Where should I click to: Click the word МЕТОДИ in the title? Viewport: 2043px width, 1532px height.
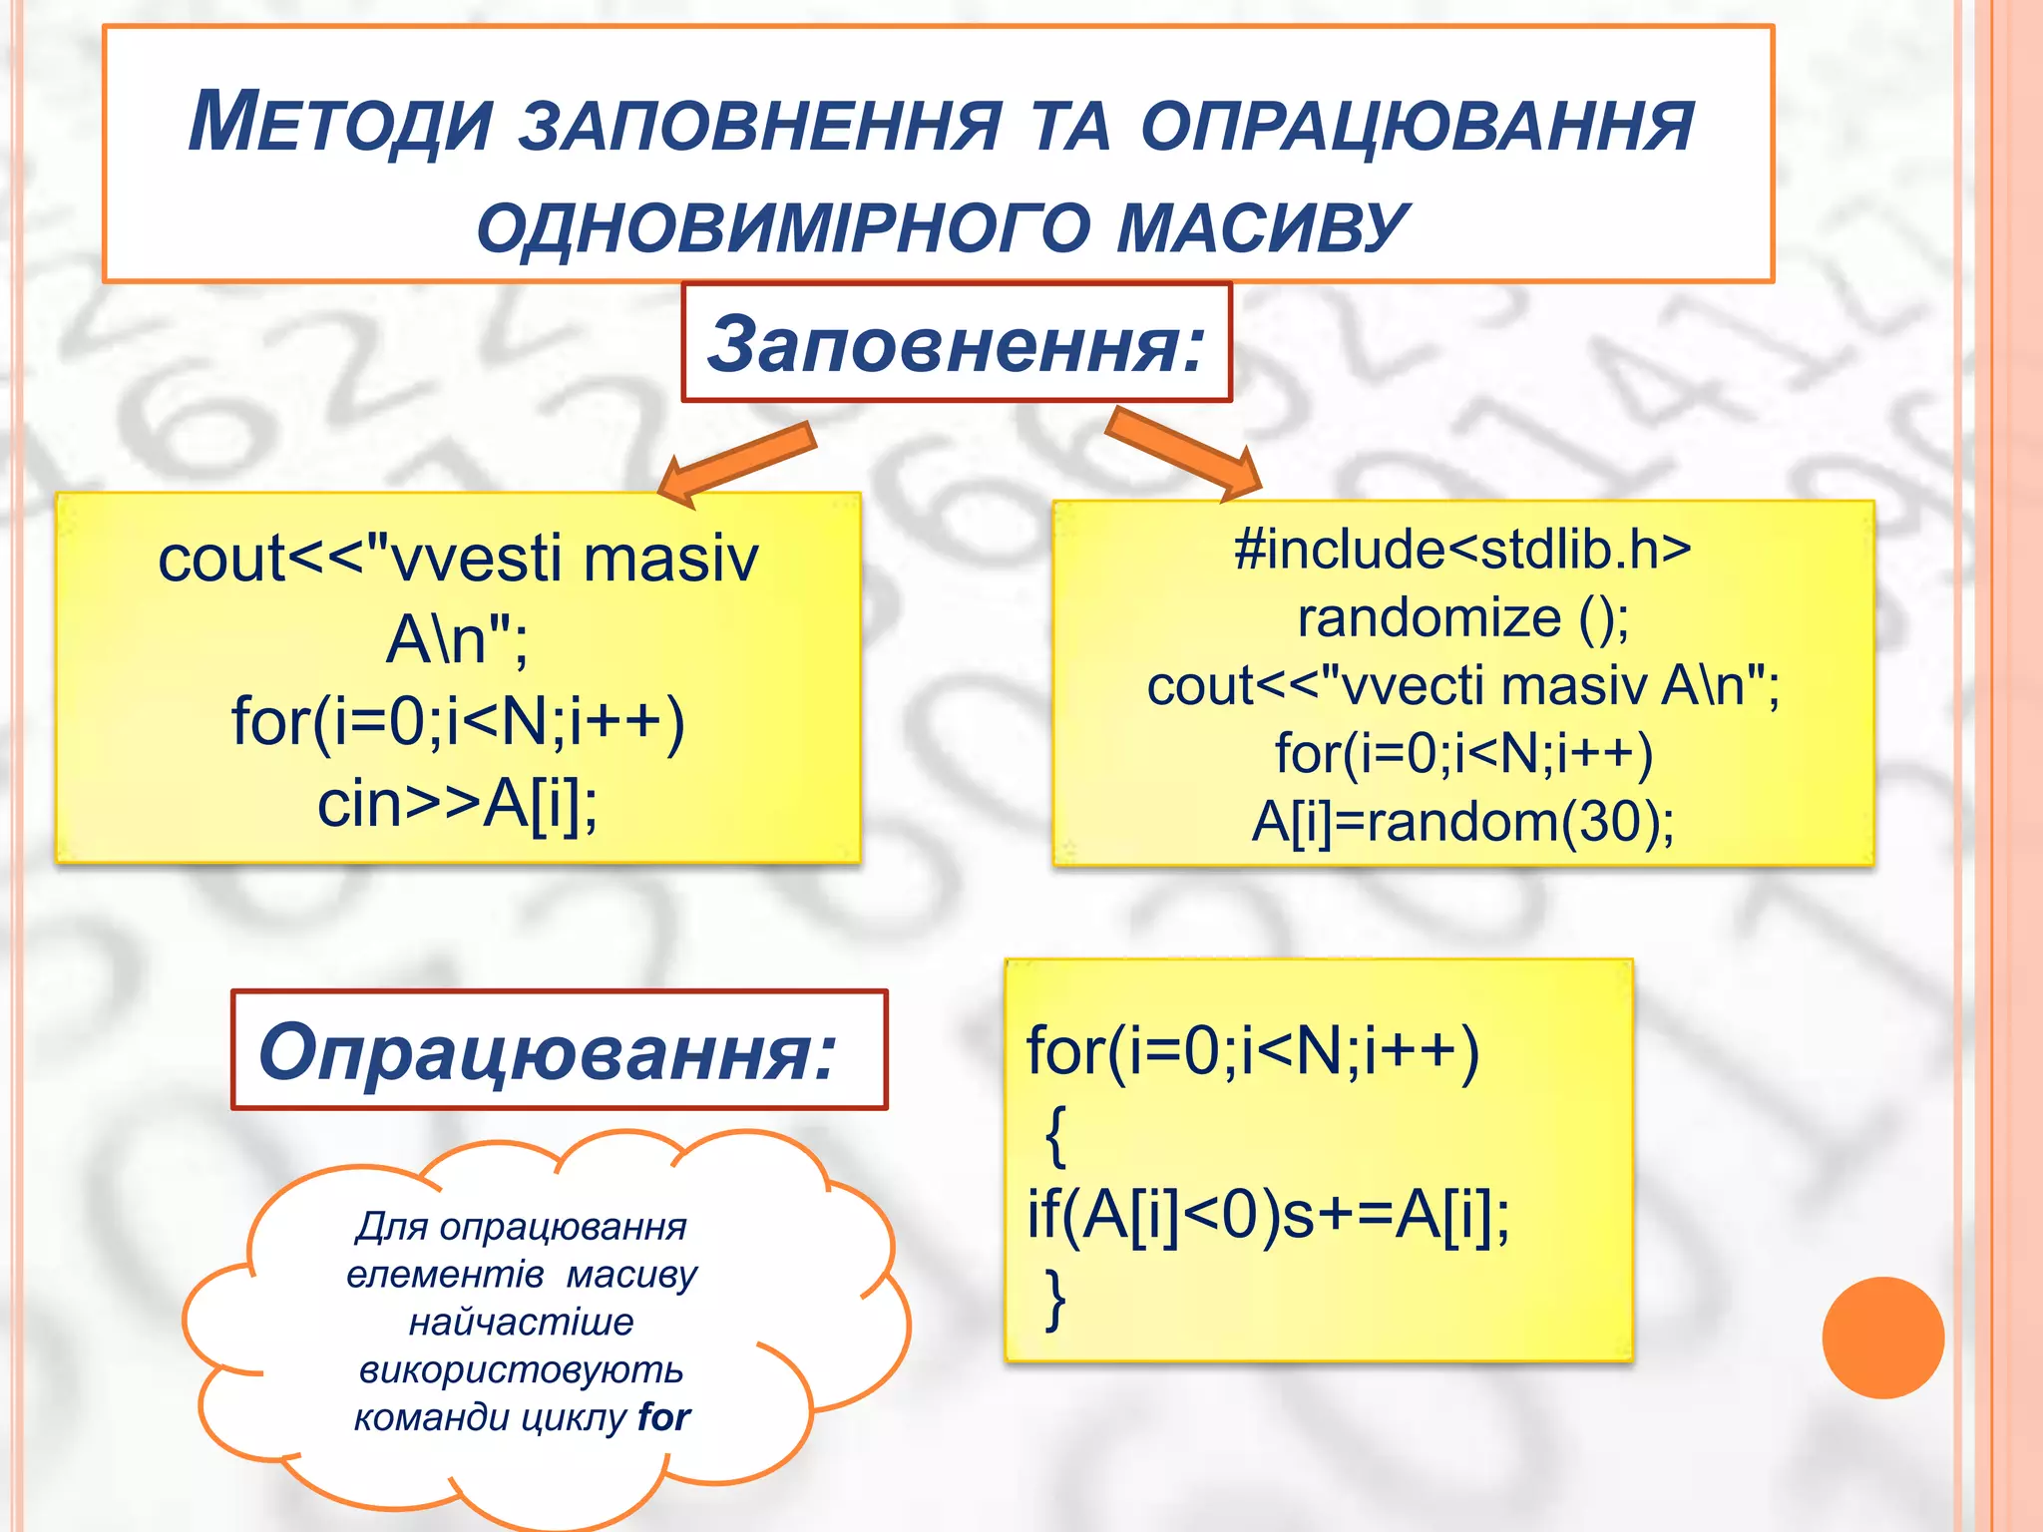340,123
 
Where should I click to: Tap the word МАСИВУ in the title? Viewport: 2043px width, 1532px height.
1261,226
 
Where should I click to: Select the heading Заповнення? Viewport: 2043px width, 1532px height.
957,344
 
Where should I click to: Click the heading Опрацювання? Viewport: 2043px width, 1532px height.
548,1051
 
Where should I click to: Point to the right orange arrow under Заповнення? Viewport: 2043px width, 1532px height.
1183,455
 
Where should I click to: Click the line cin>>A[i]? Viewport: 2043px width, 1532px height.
458,804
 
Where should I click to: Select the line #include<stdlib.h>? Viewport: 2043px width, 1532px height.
1462,549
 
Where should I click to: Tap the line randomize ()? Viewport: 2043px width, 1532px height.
1462,617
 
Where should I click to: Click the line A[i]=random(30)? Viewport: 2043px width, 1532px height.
1462,822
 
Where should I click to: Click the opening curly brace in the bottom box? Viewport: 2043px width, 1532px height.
1055,1135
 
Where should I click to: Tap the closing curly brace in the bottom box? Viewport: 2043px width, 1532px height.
1055,1299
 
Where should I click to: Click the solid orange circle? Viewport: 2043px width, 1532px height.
1882,1338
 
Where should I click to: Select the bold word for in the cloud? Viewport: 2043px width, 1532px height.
664,1417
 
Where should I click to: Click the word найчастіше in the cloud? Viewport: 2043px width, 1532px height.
521,1322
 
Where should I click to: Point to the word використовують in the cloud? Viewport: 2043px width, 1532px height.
521,1369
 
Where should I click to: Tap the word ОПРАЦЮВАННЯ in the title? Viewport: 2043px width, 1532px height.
1417,125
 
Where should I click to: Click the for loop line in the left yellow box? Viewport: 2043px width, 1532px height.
458,721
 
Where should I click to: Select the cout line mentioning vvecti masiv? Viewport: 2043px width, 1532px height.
1462,686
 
